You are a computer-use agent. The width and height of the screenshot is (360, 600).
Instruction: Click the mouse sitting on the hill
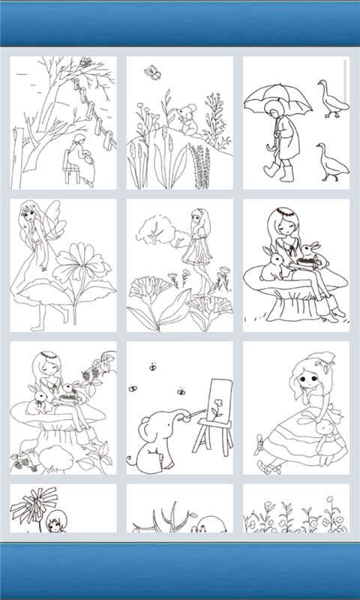pos(187,120)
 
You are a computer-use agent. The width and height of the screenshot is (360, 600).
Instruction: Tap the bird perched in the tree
pos(86,63)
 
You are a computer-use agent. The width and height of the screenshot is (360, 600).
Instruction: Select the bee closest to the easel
pos(181,391)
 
